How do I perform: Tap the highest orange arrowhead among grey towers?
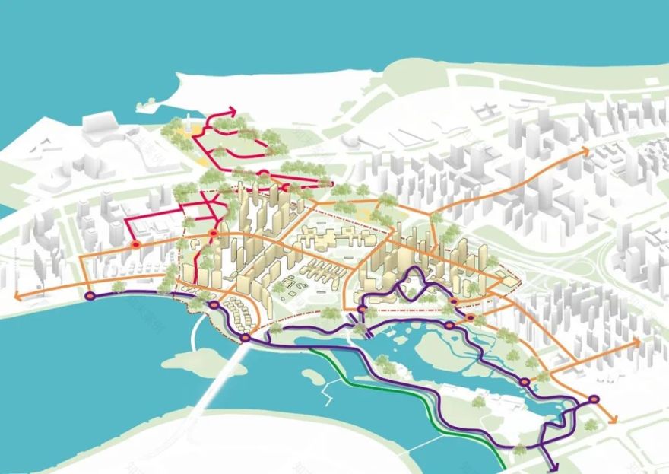click(586, 151)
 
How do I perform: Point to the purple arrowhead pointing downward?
click(551, 466)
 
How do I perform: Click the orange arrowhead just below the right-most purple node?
click(614, 419)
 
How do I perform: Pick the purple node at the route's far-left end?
click(90, 296)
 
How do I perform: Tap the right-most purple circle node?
click(594, 399)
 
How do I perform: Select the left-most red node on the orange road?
click(135, 245)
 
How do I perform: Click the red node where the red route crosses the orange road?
click(214, 234)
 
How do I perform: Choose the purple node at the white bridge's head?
click(246, 338)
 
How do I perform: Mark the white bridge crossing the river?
click(217, 380)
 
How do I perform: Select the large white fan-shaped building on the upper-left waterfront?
click(98, 129)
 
